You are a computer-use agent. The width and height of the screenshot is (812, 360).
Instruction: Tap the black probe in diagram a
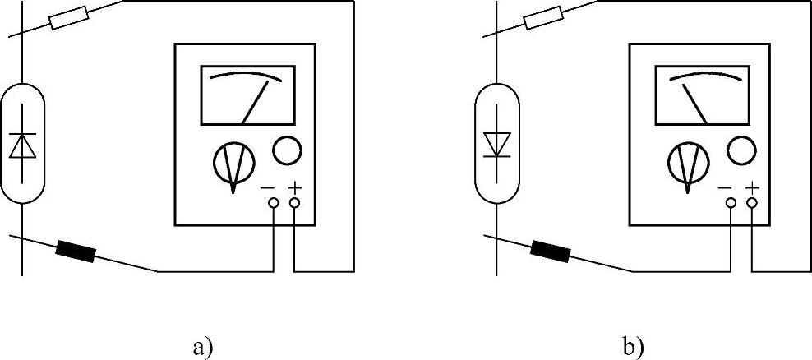(76, 247)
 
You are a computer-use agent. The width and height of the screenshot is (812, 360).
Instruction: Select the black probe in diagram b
(551, 247)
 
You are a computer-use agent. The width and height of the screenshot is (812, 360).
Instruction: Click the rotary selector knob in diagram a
(233, 163)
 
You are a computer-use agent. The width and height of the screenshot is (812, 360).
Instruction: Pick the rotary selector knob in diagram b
(688, 162)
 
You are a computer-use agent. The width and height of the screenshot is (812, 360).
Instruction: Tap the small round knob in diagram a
(287, 150)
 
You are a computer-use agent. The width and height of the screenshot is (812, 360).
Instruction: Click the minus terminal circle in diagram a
(274, 202)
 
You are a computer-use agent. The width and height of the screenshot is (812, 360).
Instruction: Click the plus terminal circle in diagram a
(294, 202)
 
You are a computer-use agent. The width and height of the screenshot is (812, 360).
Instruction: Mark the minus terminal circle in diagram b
(731, 202)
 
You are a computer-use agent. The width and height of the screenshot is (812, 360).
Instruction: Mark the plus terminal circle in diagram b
(751, 202)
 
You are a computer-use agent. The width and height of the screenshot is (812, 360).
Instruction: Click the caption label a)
(202, 347)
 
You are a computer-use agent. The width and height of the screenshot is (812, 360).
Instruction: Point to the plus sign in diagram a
(294, 187)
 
